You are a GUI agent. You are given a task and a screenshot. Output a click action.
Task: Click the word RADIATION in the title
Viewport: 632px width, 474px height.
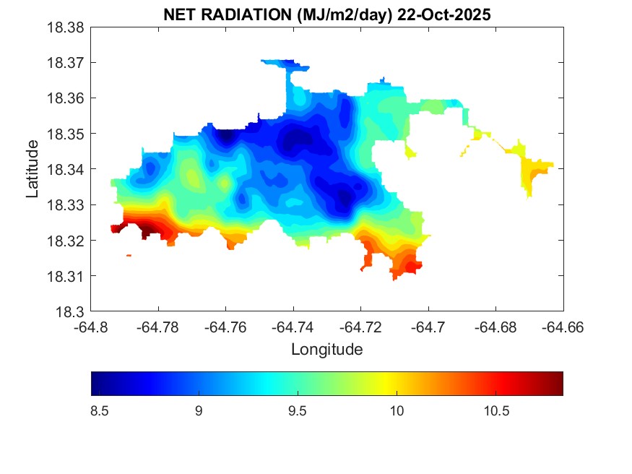click(244, 14)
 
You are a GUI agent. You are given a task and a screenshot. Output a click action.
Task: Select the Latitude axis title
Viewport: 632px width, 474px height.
click(32, 170)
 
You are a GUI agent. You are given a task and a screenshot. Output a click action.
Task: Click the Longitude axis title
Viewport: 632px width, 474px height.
click(326, 350)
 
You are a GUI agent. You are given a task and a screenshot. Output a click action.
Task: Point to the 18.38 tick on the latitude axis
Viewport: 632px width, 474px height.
click(66, 27)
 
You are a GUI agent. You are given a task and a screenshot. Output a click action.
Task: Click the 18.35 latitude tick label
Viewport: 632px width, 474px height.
click(66, 134)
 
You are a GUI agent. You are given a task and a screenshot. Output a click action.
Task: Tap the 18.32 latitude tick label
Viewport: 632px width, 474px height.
click(66, 241)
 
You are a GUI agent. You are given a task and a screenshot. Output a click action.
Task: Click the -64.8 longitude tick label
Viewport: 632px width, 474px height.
click(92, 327)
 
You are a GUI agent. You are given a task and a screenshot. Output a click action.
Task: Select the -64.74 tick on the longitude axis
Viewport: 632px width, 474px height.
click(293, 327)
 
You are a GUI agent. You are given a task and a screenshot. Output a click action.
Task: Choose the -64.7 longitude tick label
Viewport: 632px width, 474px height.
click(428, 327)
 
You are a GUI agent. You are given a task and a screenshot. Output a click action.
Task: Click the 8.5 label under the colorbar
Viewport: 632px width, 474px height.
click(100, 411)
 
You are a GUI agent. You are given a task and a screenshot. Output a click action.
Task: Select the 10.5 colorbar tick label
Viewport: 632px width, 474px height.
click(495, 411)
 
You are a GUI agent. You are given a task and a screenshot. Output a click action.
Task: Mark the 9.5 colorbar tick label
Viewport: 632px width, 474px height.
click(298, 411)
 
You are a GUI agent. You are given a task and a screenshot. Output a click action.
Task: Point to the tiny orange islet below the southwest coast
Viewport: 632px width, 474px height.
click(129, 255)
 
